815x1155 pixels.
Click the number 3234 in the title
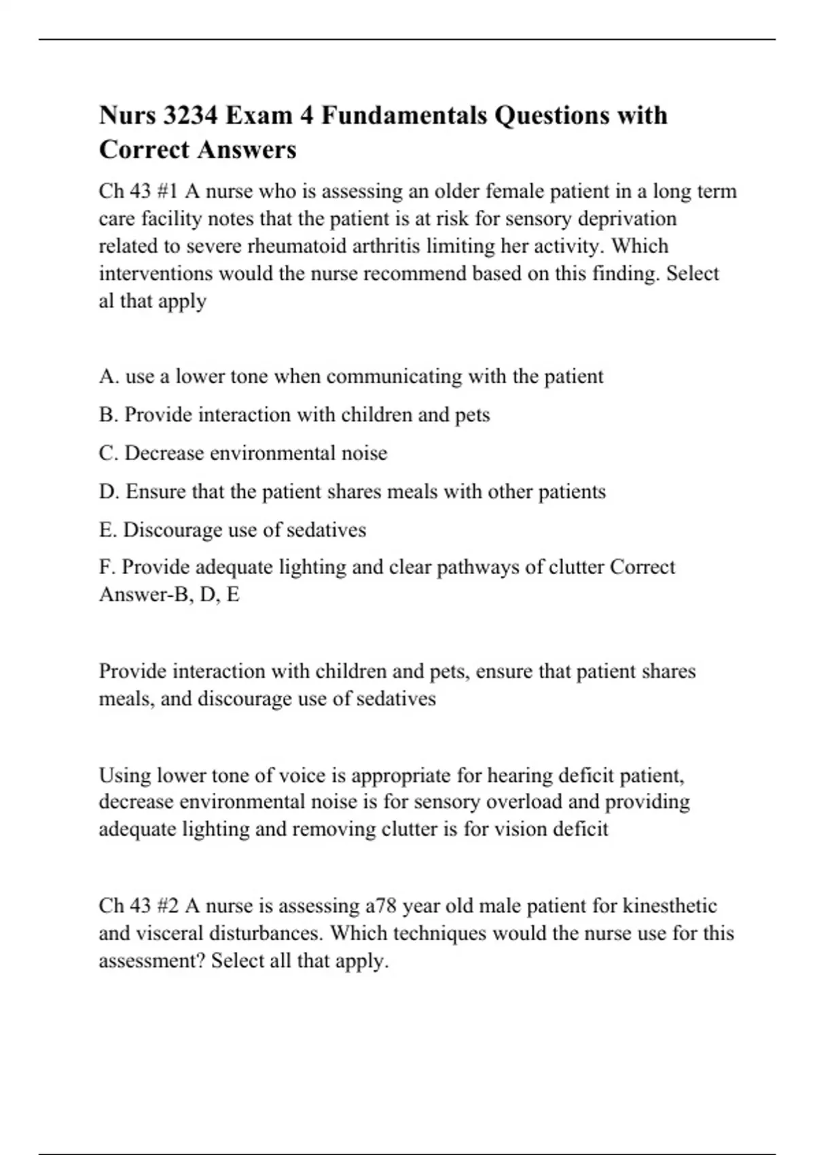(x=190, y=115)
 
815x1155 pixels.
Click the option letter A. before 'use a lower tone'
(x=109, y=376)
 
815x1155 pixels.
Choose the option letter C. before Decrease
(x=109, y=453)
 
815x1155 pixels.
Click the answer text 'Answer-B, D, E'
(x=169, y=594)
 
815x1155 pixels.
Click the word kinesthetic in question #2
(x=670, y=906)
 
